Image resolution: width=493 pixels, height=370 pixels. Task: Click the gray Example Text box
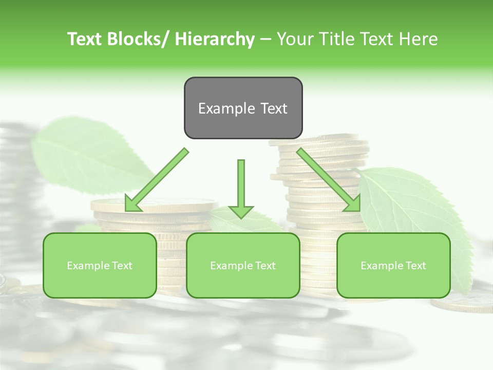243,108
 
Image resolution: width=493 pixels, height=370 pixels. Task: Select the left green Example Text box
100,265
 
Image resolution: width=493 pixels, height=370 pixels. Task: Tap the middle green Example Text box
243,265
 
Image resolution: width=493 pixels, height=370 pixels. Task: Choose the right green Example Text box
393,265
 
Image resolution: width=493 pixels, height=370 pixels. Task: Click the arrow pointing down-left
157,179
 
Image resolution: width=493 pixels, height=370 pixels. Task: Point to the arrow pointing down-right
328,179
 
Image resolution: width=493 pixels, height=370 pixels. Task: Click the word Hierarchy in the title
215,39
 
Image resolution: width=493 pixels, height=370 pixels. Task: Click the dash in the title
266,39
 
